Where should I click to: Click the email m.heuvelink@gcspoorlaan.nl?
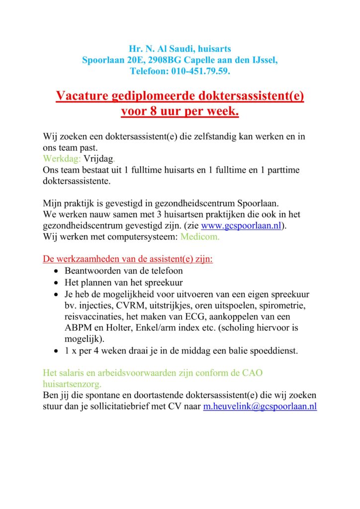point(260,406)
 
